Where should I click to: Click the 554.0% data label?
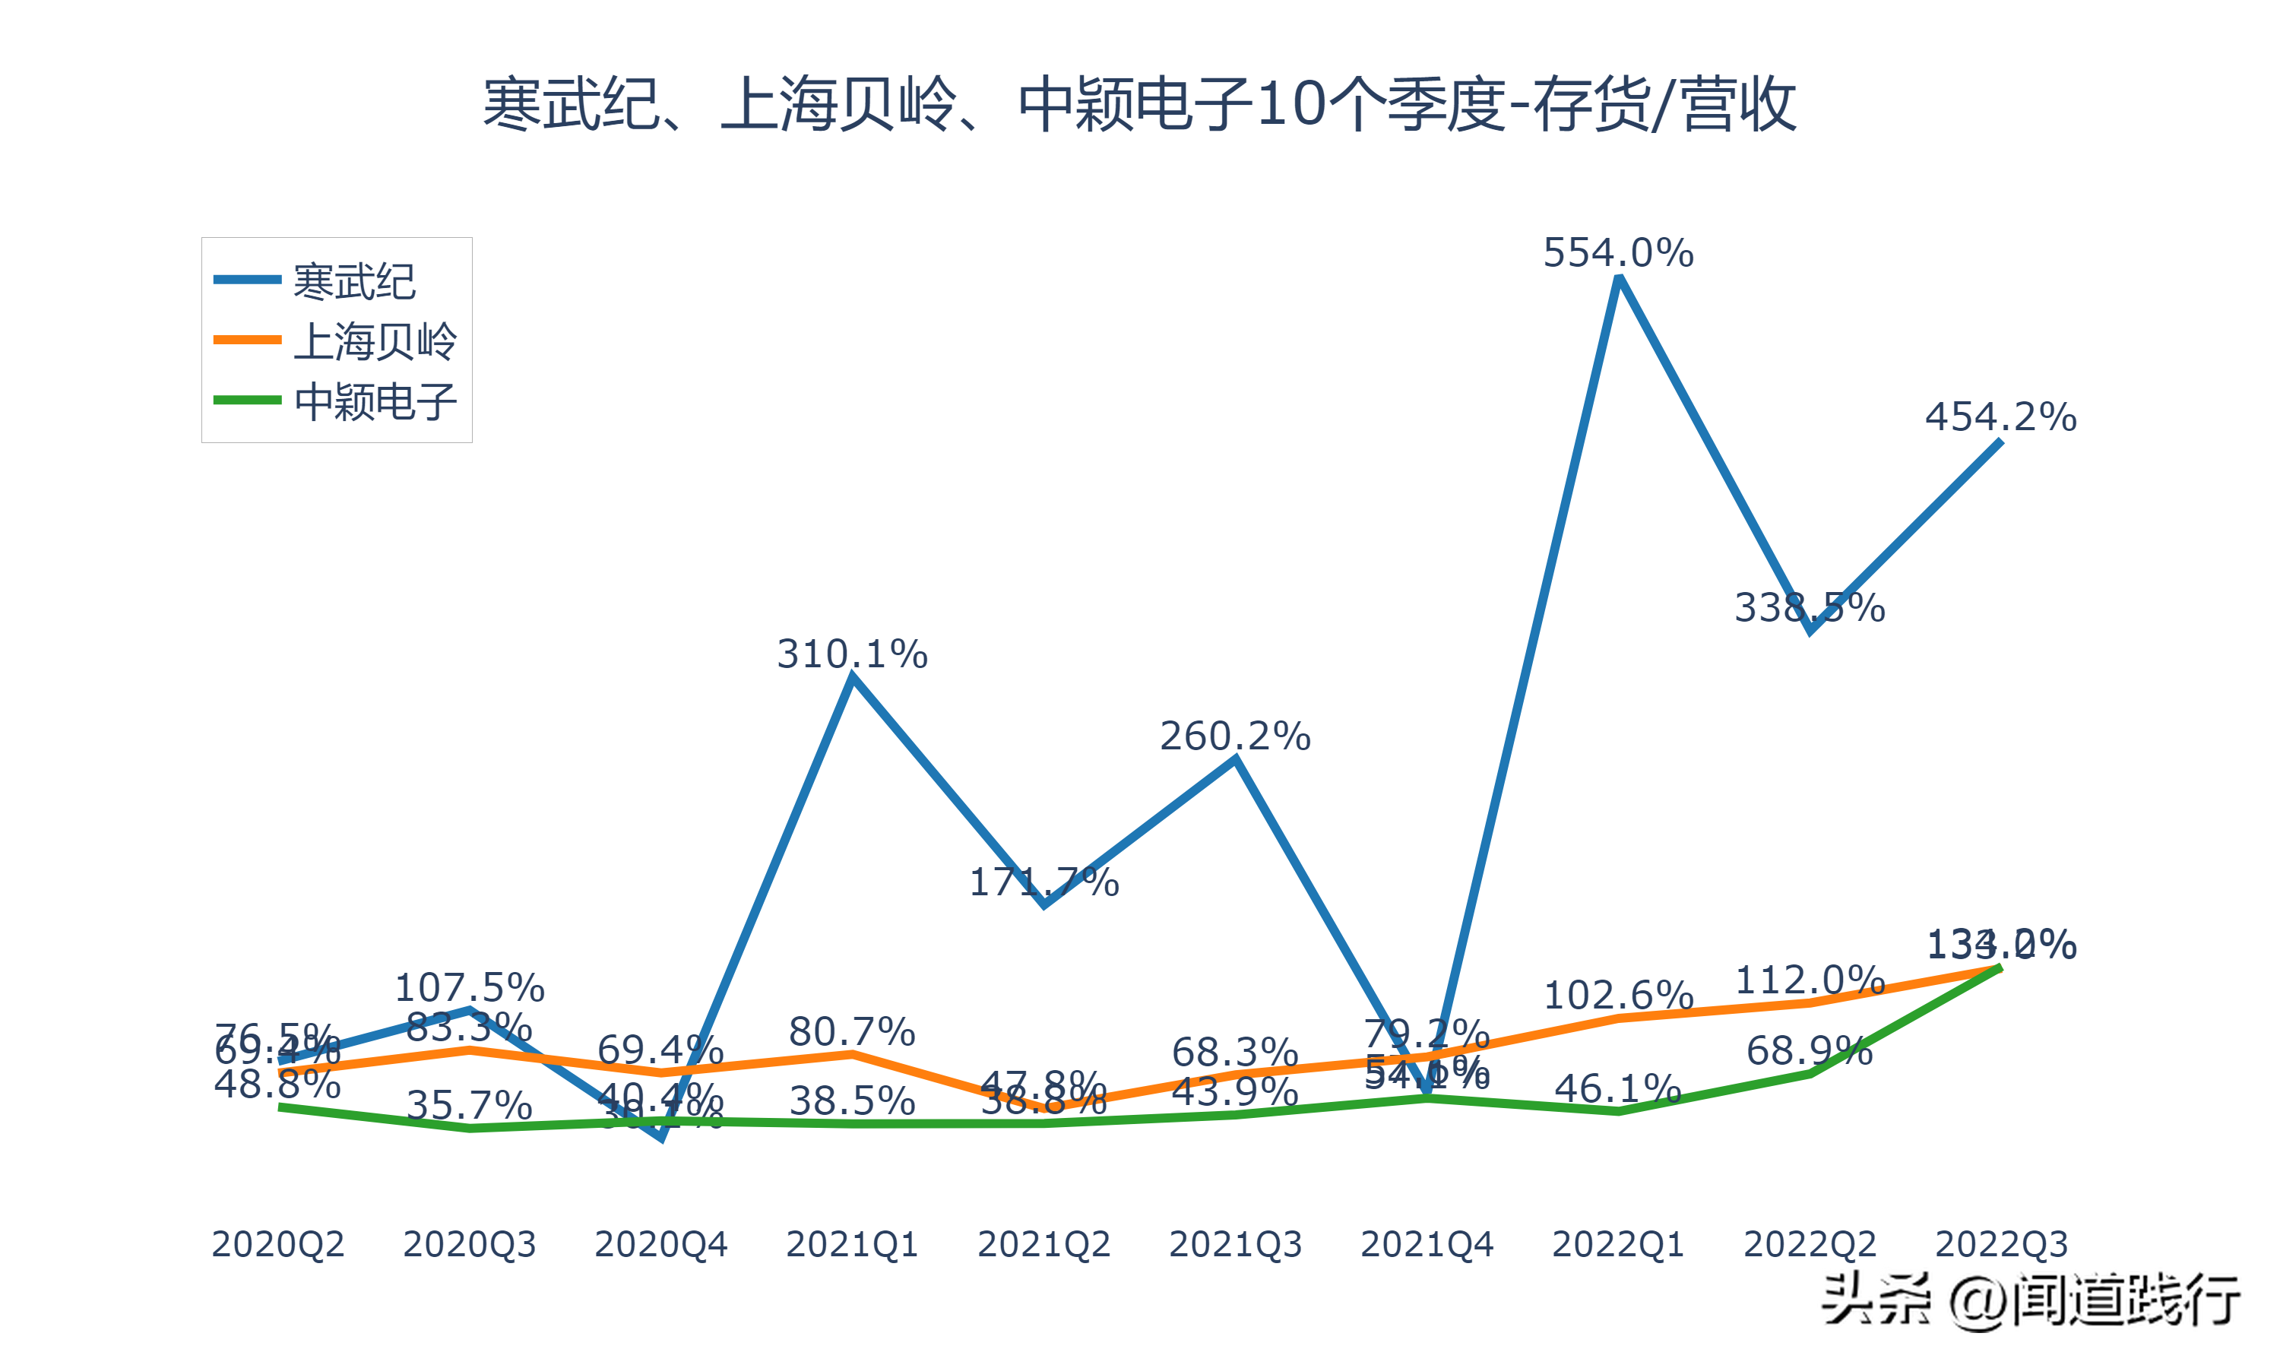(x=1617, y=252)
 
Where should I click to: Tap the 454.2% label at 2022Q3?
(x=2000, y=416)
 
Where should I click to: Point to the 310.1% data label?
(x=851, y=654)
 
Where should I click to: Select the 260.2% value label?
(x=1235, y=736)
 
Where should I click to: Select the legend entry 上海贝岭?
(x=374, y=341)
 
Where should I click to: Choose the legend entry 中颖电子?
(x=374, y=401)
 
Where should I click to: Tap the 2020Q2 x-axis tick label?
(x=277, y=1244)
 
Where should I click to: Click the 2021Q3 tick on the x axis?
(x=1235, y=1244)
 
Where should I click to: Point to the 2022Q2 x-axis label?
(x=1809, y=1244)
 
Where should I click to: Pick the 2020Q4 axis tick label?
(x=660, y=1244)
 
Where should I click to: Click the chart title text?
(x=1139, y=104)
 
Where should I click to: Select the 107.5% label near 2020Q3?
(x=469, y=988)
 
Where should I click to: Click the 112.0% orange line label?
(x=1809, y=980)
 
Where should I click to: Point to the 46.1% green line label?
(x=1617, y=1088)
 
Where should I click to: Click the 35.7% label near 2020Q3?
(x=469, y=1105)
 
